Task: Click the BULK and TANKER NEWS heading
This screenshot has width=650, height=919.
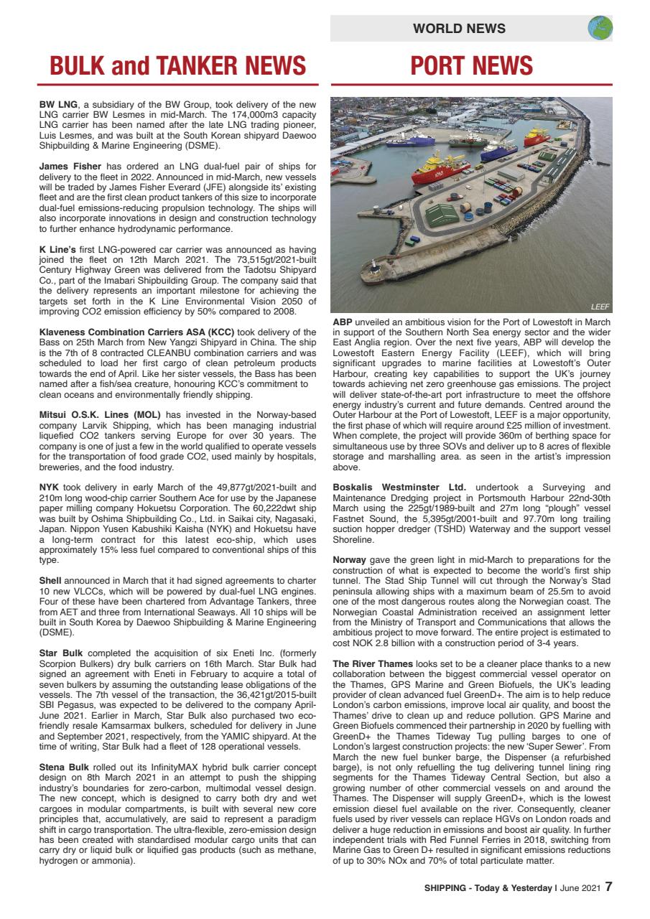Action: click(x=178, y=65)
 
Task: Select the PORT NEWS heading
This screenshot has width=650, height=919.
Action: click(x=472, y=65)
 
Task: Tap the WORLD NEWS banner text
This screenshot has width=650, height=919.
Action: click(x=460, y=29)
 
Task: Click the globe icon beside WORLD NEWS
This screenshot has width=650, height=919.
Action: click(x=600, y=28)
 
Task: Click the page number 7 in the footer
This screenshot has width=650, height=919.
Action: click(x=608, y=887)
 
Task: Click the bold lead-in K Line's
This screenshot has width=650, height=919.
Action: click(x=57, y=249)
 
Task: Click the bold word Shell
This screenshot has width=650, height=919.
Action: click(x=51, y=579)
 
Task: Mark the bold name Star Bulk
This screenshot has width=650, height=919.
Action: click(x=61, y=653)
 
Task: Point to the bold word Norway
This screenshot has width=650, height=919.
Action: click(x=350, y=559)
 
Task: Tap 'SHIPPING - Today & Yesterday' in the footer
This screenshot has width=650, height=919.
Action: click(x=488, y=887)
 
